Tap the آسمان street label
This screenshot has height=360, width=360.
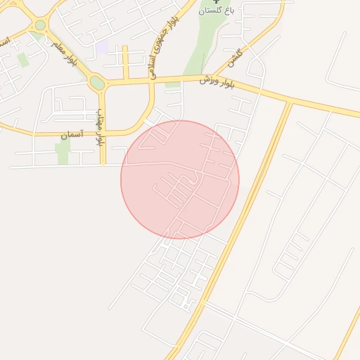[72, 133]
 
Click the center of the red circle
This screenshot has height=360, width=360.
[180, 179]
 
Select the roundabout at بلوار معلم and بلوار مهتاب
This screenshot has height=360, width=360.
[97, 84]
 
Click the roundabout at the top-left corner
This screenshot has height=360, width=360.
[40, 25]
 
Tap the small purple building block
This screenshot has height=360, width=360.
[103, 46]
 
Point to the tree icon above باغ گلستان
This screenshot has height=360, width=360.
[216, 2]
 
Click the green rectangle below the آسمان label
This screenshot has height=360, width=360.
[63, 153]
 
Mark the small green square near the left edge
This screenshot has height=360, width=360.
[23, 60]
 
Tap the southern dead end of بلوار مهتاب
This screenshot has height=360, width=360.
[103, 164]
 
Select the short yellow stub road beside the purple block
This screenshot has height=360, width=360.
[125, 62]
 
